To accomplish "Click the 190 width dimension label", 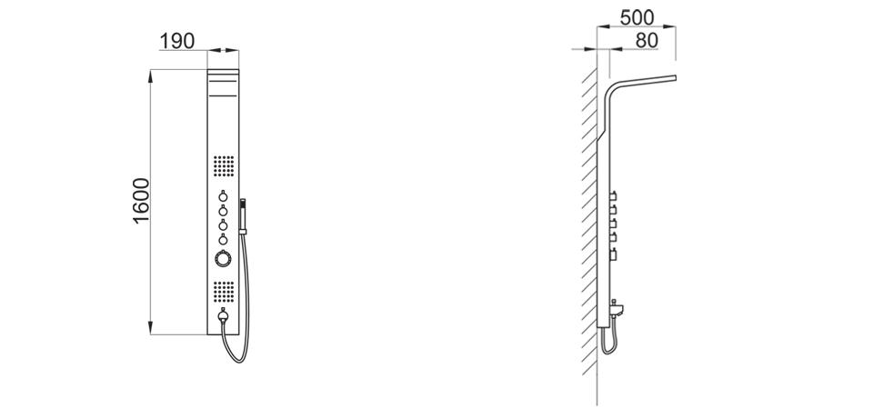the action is click(x=177, y=41).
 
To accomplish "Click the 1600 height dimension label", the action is click(x=142, y=201).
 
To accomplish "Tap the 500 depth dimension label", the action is click(x=637, y=18).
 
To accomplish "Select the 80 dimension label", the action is click(x=647, y=41).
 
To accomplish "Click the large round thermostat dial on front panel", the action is click(x=223, y=259).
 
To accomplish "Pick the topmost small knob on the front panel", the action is click(x=223, y=196).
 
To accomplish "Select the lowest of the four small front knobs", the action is click(x=223, y=239).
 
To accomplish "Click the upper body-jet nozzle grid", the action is click(x=224, y=166).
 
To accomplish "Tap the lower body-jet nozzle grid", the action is click(x=224, y=291).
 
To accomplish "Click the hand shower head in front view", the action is click(x=242, y=216).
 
